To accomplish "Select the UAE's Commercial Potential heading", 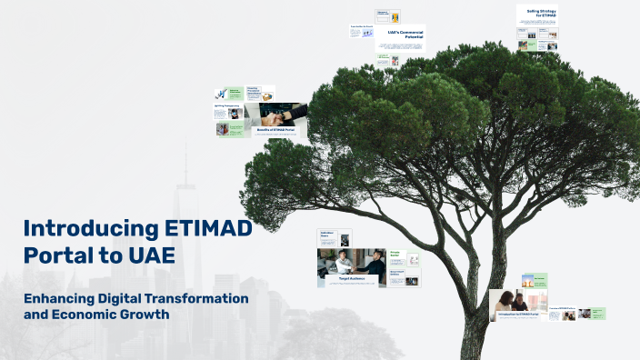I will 405,35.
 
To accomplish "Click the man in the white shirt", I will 344,263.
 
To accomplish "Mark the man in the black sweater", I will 375,263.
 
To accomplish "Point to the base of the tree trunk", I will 476,350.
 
